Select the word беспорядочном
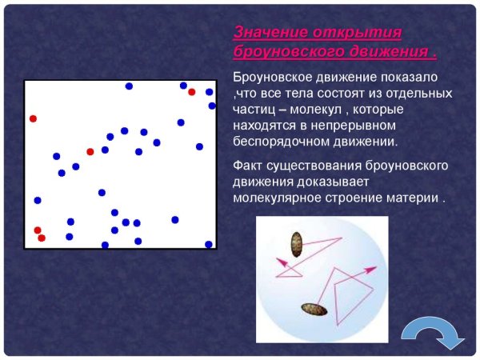pyautogui.click(x=281, y=141)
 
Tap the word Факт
pyautogui.click(x=247, y=166)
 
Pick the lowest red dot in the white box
pyautogui.click(x=42, y=238)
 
